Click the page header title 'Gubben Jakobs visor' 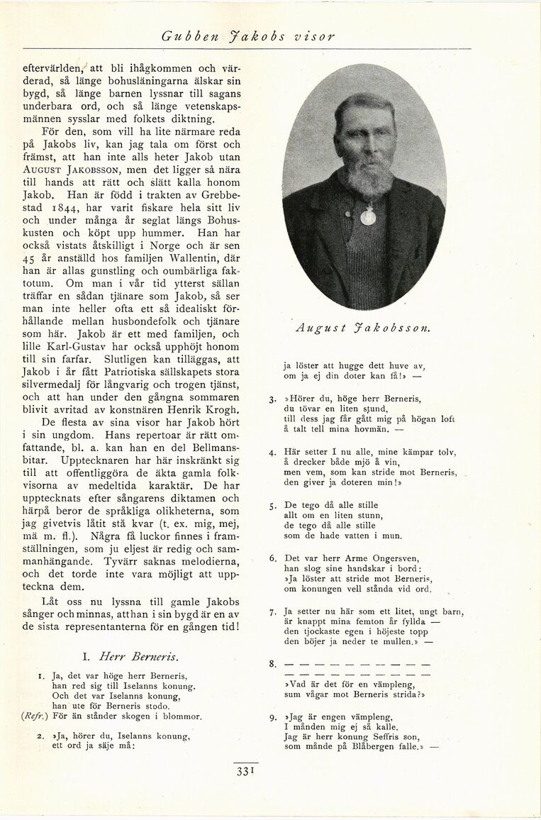pyautogui.click(x=247, y=35)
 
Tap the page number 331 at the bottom pyautogui.click(x=244, y=772)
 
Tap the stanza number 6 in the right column pyautogui.click(x=272, y=558)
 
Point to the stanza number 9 pyautogui.click(x=272, y=717)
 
